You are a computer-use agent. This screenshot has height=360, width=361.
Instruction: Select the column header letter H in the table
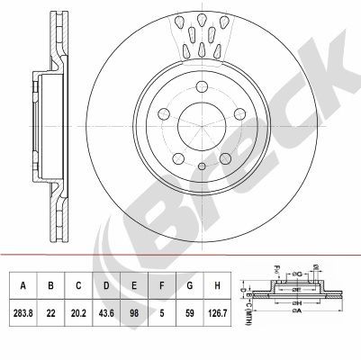(x=217, y=286)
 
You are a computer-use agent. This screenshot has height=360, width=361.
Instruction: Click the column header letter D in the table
(x=106, y=286)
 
